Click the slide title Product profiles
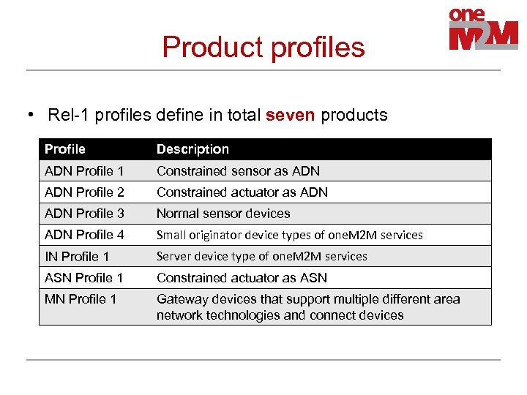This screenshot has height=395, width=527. [x=263, y=47]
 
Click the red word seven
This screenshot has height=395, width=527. [x=291, y=115]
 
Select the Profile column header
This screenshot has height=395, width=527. [x=65, y=149]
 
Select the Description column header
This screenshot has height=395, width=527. [x=193, y=149]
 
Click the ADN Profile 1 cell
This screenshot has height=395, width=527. [x=84, y=171]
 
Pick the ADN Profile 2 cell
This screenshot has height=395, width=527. [x=84, y=192]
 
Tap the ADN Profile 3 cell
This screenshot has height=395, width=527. [x=84, y=214]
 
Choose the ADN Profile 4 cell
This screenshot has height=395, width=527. [x=84, y=235]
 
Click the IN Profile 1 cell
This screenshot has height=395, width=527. [x=77, y=256]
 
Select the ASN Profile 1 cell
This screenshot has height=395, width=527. [x=84, y=278]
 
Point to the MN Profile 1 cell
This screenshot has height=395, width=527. [x=81, y=299]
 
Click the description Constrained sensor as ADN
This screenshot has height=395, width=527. [x=238, y=171]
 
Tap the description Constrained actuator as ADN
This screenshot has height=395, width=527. [x=242, y=192]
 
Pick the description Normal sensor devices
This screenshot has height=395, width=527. [x=223, y=214]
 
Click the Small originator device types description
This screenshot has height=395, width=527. [x=290, y=235]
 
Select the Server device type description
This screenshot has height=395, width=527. [x=262, y=256]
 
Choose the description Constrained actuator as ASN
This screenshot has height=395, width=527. [x=242, y=278]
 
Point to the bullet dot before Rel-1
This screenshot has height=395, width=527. [x=31, y=115]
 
